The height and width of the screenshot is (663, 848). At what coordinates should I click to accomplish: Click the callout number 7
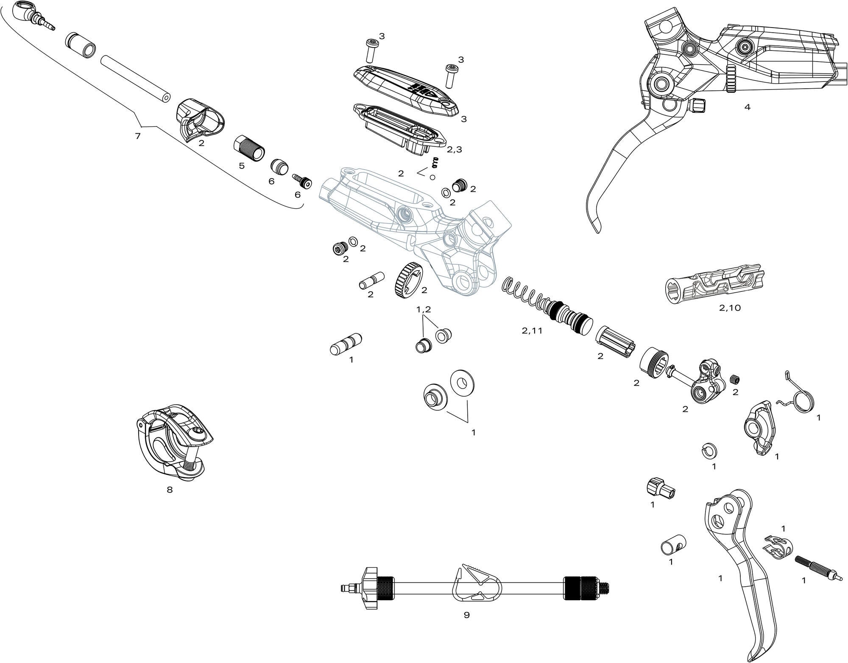coord(137,136)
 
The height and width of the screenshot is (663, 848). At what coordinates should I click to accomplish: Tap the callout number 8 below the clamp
coord(170,490)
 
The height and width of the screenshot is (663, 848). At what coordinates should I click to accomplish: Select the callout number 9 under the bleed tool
coord(466,615)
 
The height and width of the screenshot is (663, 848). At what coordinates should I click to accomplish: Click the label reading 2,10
coord(730,308)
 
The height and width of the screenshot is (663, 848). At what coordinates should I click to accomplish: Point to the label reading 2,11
coord(532,331)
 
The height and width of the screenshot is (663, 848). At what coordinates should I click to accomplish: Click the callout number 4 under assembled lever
coord(747,107)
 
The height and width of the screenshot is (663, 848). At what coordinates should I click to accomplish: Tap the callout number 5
coord(242,165)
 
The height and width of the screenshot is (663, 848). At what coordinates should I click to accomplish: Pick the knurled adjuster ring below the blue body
coord(406,280)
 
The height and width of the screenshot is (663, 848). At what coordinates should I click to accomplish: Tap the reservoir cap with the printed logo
coord(406,87)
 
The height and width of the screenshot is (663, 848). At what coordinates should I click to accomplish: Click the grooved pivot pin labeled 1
coord(346,343)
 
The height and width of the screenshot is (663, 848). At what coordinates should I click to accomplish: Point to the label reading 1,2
coord(424,310)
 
